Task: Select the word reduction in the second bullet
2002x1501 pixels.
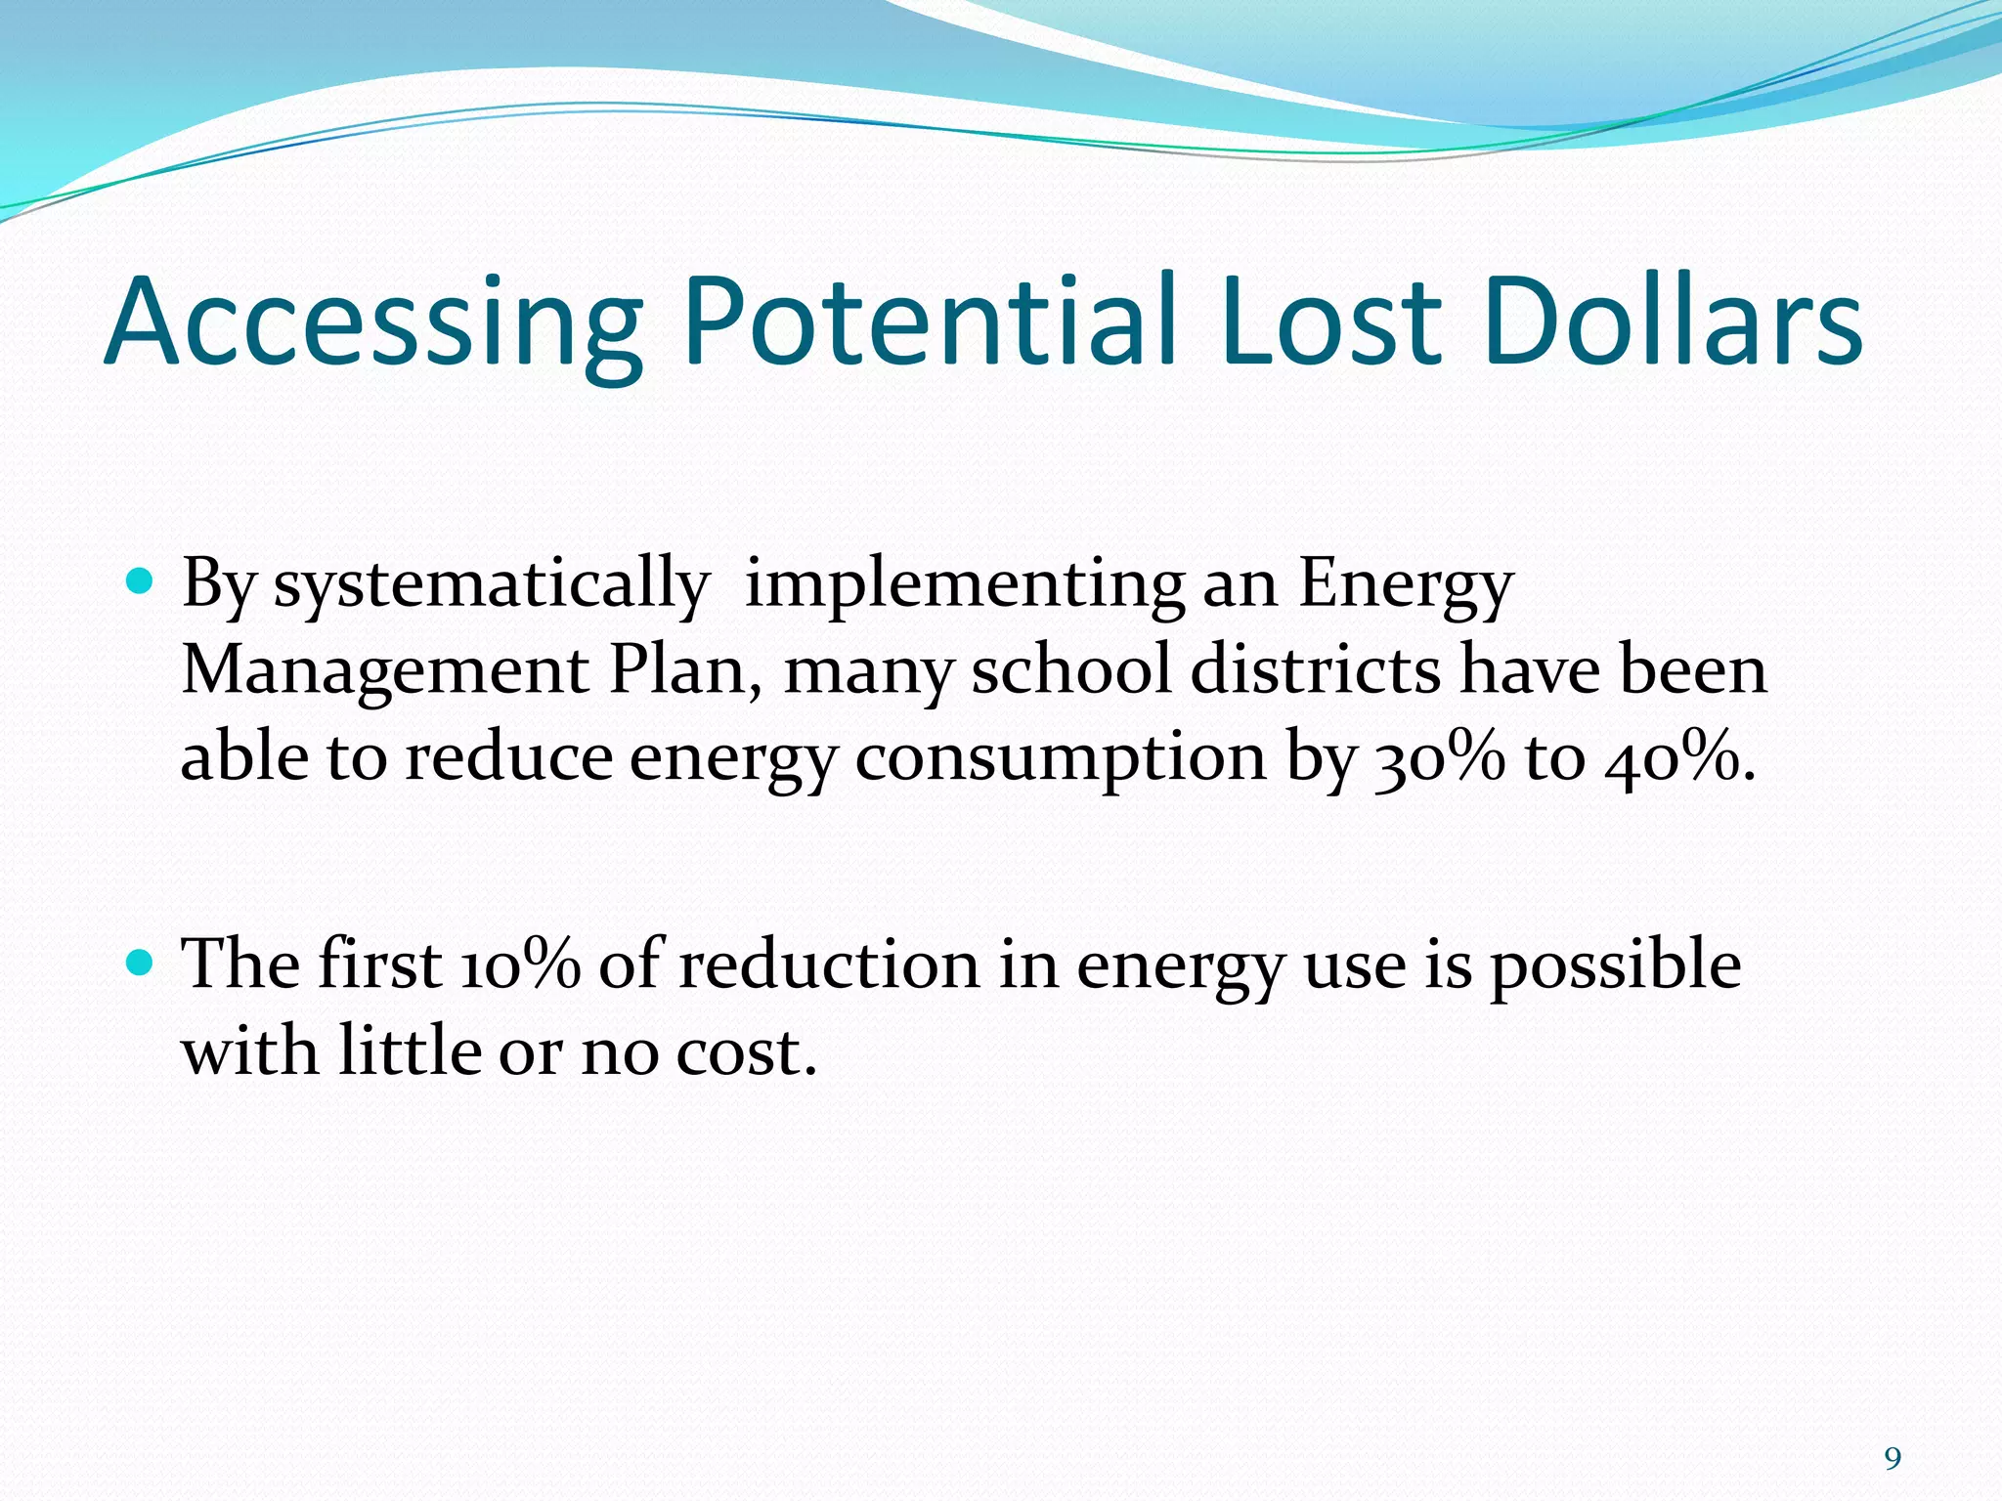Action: (828, 965)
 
